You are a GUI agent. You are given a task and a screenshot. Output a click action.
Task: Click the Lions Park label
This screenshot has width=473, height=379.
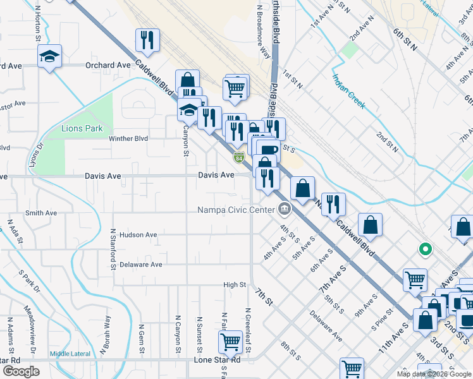click(x=82, y=128)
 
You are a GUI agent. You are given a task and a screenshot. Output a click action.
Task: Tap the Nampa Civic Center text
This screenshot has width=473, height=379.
click(x=236, y=210)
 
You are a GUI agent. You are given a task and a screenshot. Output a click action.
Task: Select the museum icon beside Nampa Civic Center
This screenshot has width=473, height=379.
click(x=285, y=209)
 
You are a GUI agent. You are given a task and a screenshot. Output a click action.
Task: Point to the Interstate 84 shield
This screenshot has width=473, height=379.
click(x=238, y=157)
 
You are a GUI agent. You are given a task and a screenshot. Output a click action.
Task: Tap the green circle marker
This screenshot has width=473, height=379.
click(x=426, y=249)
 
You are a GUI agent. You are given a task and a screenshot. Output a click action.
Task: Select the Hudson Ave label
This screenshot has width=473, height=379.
click(x=138, y=235)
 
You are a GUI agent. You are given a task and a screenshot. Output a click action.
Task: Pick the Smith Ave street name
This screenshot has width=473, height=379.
click(x=42, y=213)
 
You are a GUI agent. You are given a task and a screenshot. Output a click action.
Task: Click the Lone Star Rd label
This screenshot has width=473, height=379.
click(x=217, y=360)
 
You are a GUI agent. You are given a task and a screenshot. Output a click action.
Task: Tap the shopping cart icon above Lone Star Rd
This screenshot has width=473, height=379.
click(x=230, y=342)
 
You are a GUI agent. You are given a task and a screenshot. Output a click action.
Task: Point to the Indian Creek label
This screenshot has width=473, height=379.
click(x=349, y=91)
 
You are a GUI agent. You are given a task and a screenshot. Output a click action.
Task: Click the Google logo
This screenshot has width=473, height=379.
click(x=21, y=371)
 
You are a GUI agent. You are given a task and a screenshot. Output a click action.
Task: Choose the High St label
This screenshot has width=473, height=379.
click(x=235, y=285)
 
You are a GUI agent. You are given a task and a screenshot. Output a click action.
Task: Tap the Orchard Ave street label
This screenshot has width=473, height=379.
click(x=109, y=65)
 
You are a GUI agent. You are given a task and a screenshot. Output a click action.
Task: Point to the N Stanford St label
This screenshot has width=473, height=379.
click(x=113, y=250)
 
